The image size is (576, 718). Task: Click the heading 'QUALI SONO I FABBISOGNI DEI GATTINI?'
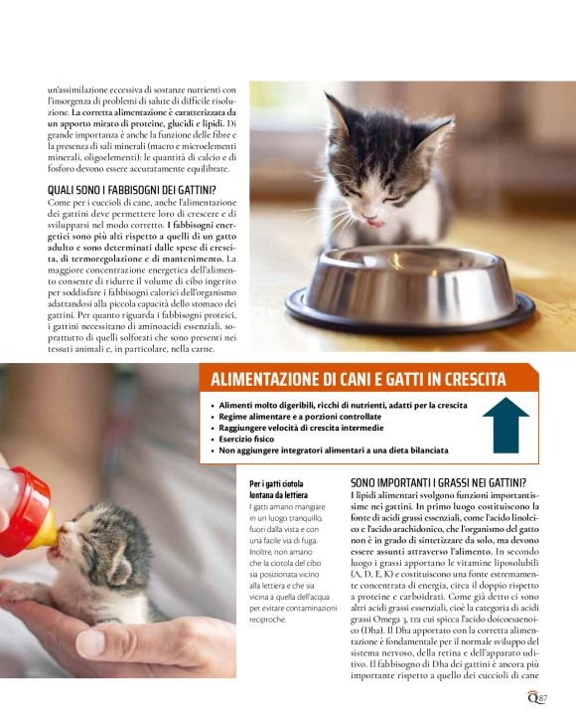coord(132,190)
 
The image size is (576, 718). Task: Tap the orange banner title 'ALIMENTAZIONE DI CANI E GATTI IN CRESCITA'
coord(359,380)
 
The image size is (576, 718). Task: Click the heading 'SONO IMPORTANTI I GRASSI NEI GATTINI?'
coord(438,481)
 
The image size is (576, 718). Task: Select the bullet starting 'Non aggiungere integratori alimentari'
coord(327,449)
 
